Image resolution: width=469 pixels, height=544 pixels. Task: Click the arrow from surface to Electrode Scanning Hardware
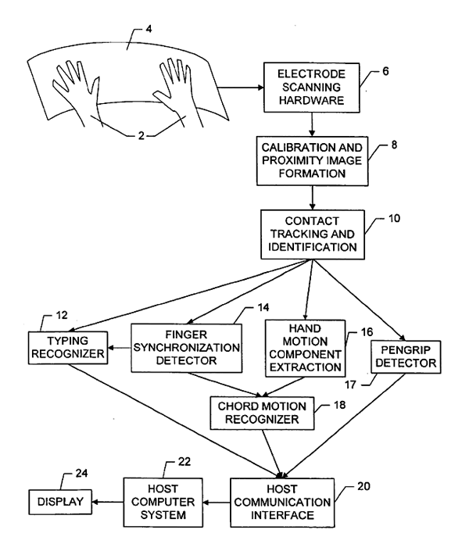[235, 86]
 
